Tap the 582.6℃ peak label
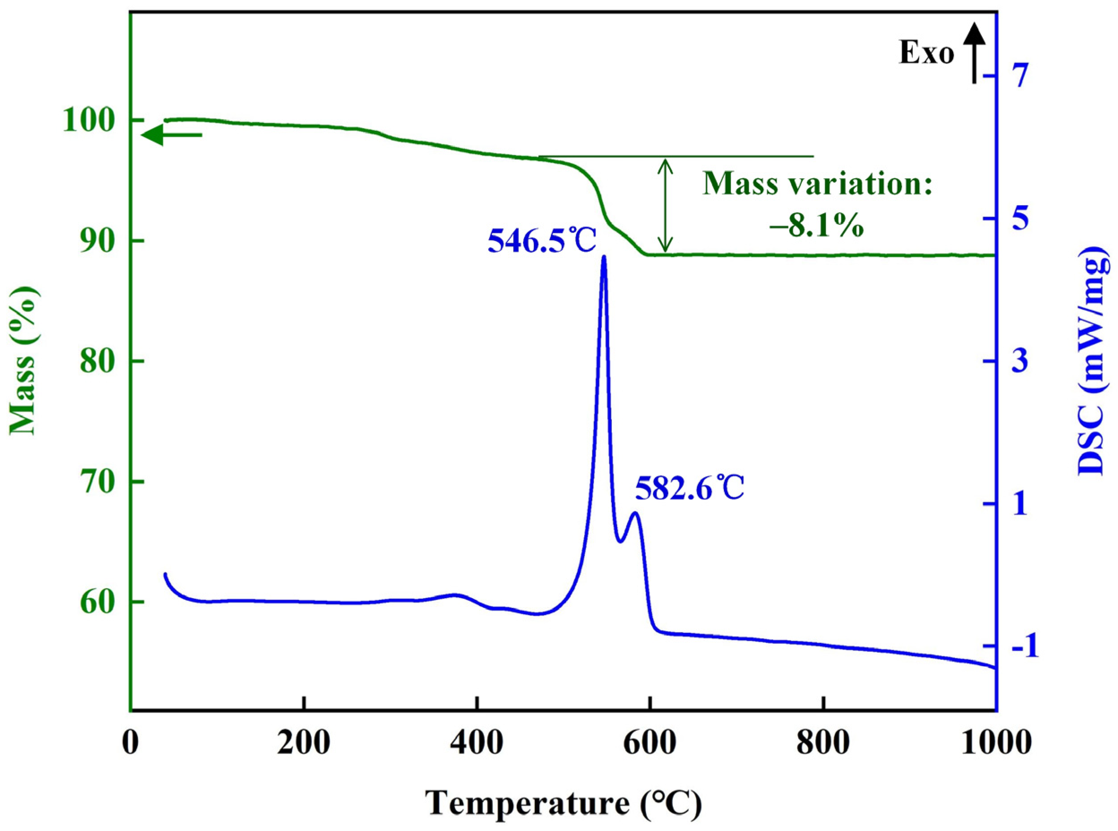[x=689, y=487]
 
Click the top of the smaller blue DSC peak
[x=635, y=513]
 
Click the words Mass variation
[x=818, y=184]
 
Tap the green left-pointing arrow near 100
[x=172, y=135]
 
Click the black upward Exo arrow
[x=974, y=60]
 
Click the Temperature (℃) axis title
[x=563, y=803]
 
